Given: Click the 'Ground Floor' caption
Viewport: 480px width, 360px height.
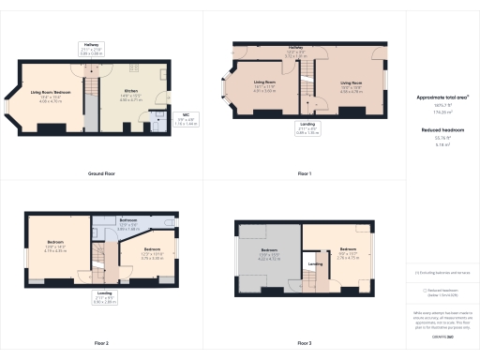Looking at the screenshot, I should click(x=101, y=174).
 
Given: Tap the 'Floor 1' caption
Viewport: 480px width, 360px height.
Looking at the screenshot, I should click(x=305, y=174).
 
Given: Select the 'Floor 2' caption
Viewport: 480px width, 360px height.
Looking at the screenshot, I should click(x=101, y=343).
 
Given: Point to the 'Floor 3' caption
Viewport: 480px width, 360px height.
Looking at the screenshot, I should click(x=305, y=343).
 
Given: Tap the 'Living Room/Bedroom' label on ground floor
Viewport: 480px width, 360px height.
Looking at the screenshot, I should click(x=52, y=94).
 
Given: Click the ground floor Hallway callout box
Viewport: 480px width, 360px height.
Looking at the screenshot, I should click(x=91, y=52).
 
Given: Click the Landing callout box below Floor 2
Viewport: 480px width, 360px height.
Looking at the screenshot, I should click(x=103, y=300).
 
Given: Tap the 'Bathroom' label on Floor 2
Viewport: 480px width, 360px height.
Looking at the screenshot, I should click(x=129, y=225).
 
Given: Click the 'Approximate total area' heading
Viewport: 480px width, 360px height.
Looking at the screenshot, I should click(x=442, y=97).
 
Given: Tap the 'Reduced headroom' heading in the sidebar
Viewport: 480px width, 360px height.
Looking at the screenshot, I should click(x=442, y=128).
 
